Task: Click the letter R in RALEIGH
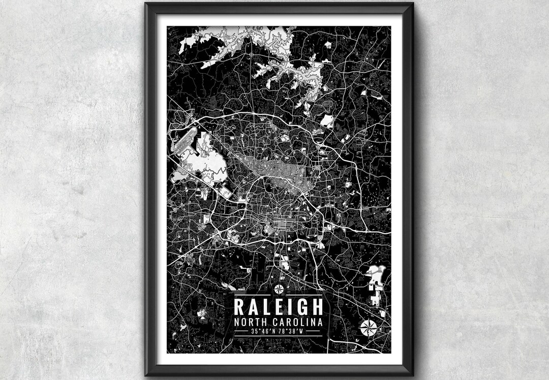click(x=238, y=307)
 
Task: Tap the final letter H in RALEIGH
click(x=317, y=307)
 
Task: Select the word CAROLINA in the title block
click(x=298, y=323)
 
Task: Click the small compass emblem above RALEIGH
click(x=279, y=290)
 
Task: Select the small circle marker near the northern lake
click(x=252, y=52)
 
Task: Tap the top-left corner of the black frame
click(x=146, y=4)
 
